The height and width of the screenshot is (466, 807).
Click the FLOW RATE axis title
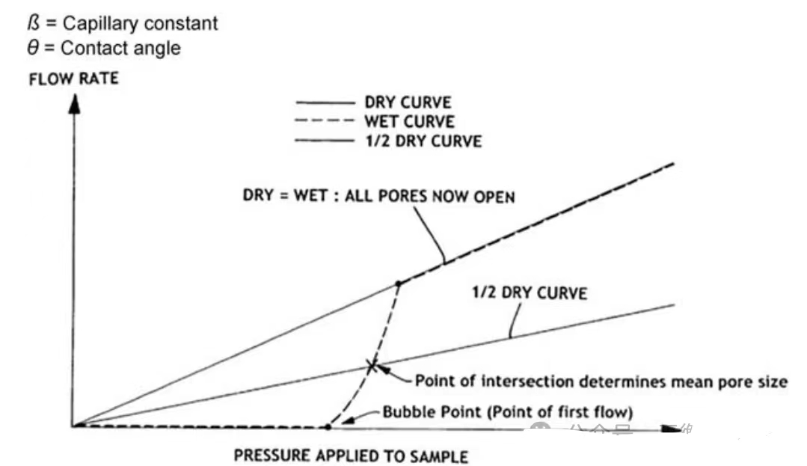coord(73,79)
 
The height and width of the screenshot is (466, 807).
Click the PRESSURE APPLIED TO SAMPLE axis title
coord(351,456)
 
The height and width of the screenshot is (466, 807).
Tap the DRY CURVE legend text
coord(418,102)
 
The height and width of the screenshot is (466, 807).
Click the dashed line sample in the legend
coord(325,121)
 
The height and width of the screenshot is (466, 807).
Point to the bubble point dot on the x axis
coord(328,426)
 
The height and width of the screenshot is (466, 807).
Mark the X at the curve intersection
coord(372,366)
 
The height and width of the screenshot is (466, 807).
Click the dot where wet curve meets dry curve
coord(399,283)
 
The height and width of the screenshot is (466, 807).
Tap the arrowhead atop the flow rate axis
coord(73,104)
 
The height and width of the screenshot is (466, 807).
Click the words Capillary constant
coord(141,23)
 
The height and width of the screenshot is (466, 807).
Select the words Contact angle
coord(120,49)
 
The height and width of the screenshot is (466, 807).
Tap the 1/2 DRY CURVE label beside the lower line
coord(530,293)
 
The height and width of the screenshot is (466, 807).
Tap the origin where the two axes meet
coord(73,426)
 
